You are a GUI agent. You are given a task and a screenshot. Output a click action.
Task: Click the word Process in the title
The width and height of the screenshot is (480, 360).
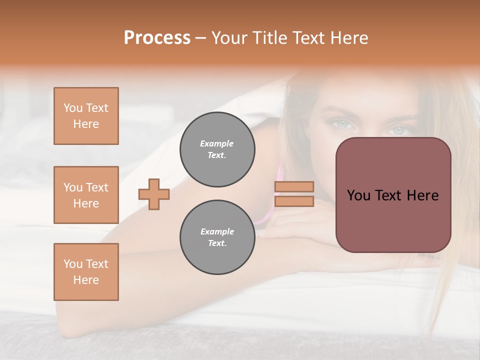157,37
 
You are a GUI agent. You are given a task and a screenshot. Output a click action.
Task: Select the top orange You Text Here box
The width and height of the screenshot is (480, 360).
86,116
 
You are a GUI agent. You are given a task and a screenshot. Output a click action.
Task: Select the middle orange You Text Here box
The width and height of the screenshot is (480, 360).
86,195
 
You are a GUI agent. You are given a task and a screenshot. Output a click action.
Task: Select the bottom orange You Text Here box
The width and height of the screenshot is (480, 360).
86,272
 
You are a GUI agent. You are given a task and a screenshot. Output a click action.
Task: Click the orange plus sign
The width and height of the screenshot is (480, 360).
154,194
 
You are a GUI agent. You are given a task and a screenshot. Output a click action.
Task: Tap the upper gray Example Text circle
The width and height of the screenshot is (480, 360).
217,149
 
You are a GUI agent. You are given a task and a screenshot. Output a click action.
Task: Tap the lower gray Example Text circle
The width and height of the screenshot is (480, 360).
217,237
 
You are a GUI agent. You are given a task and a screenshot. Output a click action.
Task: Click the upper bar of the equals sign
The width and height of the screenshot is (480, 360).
294,186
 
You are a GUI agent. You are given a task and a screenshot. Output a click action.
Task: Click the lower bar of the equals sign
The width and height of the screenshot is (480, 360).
294,201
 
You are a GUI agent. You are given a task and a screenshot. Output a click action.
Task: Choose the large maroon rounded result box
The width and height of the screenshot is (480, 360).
393,195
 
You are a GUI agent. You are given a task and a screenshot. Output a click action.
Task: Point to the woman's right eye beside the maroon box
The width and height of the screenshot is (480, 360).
399,130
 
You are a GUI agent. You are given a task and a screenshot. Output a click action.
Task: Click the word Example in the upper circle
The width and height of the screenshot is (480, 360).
217,143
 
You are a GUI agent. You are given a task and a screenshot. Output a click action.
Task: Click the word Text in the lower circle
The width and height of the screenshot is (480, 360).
217,243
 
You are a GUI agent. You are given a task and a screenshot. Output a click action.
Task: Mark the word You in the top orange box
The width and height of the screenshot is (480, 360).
72,108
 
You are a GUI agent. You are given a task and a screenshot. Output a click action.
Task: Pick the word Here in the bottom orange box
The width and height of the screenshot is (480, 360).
86,280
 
